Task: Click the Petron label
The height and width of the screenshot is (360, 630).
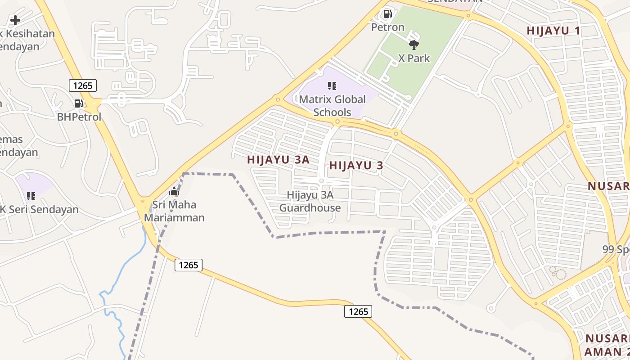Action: pyautogui.click(x=387, y=27)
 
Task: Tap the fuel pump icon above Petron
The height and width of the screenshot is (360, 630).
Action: pyautogui.click(x=387, y=14)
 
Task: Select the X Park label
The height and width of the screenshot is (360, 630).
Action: pyautogui.click(x=414, y=58)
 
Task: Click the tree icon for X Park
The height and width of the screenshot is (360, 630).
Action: pyautogui.click(x=414, y=45)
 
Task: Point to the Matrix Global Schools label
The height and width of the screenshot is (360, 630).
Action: pyautogui.click(x=332, y=105)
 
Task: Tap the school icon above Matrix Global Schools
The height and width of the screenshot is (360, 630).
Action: pyautogui.click(x=332, y=85)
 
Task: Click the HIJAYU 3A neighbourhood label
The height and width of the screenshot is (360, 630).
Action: pyautogui.click(x=278, y=160)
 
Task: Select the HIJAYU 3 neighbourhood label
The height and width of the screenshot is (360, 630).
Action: pyautogui.click(x=356, y=166)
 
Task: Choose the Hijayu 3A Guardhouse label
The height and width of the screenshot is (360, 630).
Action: pyautogui.click(x=310, y=201)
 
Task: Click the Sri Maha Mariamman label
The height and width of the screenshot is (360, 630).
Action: pyautogui.click(x=174, y=211)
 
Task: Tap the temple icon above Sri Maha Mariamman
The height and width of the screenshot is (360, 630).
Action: pyautogui.click(x=174, y=192)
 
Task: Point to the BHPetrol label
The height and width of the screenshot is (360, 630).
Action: pyautogui.click(x=79, y=117)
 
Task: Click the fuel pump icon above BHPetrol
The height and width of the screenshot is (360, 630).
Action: pyautogui.click(x=79, y=103)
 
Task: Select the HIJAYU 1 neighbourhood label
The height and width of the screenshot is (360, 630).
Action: pyautogui.click(x=553, y=31)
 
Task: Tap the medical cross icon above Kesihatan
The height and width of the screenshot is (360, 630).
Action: pyautogui.click(x=15, y=20)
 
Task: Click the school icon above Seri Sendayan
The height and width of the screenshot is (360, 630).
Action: pyautogui.click(x=31, y=196)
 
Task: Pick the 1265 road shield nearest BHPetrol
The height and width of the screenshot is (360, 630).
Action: pyautogui.click(x=83, y=85)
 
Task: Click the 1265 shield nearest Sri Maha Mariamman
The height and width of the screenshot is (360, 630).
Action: pyautogui.click(x=188, y=265)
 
